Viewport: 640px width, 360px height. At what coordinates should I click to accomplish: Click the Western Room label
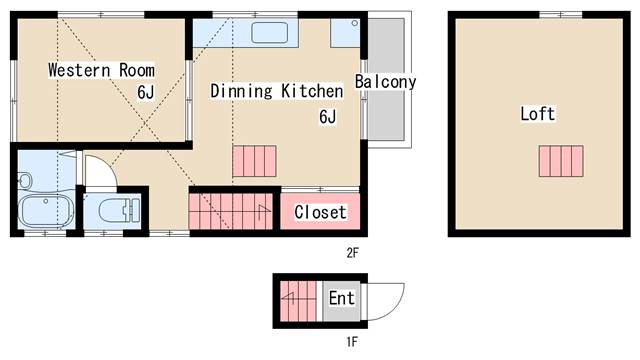point(101,70)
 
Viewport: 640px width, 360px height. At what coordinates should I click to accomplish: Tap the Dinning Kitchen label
point(276,91)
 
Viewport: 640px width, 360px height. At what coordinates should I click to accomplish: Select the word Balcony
point(385,82)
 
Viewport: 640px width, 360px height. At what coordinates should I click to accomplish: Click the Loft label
point(538,113)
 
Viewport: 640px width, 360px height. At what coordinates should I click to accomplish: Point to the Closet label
point(320,212)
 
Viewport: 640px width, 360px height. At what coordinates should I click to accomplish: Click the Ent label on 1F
point(342,298)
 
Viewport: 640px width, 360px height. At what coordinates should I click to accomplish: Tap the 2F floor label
point(352,253)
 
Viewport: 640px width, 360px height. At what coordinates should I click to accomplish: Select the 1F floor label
point(352,341)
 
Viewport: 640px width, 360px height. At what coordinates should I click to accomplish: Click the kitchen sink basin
point(269,33)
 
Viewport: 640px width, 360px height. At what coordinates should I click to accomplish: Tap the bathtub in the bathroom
point(45,211)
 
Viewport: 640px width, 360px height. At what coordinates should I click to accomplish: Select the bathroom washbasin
point(25,180)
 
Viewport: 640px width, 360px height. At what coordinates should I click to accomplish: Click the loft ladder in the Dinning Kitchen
point(254,161)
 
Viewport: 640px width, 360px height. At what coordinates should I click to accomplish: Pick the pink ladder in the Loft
point(561,161)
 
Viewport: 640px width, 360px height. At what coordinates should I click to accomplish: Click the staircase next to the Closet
point(231,211)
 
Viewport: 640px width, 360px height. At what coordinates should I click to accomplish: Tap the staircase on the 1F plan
point(298,301)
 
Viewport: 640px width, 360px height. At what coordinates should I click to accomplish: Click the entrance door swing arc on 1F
point(397,307)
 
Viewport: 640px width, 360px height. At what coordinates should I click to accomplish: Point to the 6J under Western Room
point(146,92)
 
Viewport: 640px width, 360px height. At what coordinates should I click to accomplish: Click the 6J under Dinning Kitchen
point(328,117)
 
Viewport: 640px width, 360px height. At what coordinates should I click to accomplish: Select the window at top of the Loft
point(561,15)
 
